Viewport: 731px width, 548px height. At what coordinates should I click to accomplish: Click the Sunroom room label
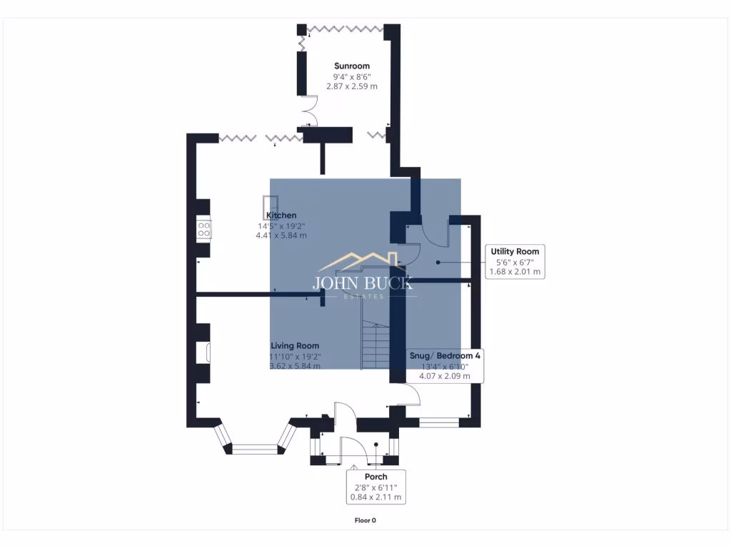pos(352,66)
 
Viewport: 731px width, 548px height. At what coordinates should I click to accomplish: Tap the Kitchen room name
pos(281,215)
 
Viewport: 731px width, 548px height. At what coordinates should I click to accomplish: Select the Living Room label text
pos(295,345)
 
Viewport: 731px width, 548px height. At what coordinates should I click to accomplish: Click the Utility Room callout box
pos(515,261)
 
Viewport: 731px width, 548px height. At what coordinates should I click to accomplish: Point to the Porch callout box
pos(375,487)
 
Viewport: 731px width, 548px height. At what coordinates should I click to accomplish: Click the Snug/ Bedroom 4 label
pos(444,355)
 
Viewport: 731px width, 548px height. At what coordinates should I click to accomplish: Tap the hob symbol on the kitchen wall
pos(204,229)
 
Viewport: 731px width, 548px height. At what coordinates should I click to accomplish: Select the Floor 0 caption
pos(365,520)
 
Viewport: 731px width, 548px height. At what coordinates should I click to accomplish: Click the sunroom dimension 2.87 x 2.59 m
pos(352,86)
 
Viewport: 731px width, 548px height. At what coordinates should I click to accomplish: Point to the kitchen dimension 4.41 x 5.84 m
pos(281,235)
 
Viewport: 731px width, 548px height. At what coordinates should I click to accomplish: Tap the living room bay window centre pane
pos(255,449)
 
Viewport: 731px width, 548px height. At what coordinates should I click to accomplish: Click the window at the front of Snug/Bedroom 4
pos(438,423)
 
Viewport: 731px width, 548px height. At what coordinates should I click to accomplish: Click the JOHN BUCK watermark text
pos(363,283)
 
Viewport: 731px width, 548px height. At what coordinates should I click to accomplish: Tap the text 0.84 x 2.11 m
pos(375,497)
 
